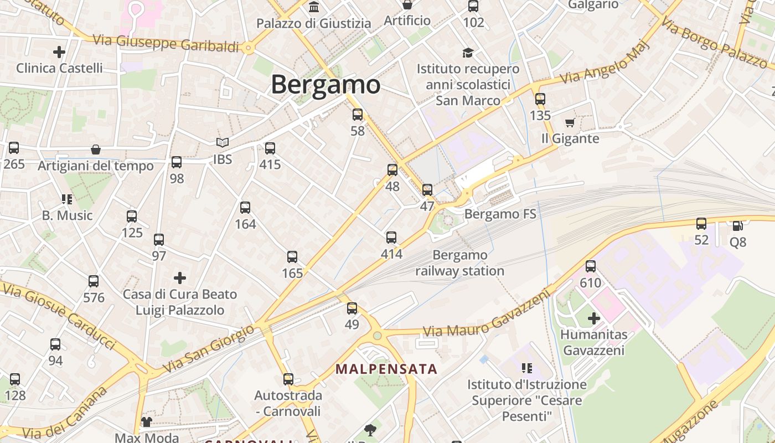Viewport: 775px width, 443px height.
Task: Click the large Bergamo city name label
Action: [325, 85]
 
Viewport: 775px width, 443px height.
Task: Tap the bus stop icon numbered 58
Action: [358, 115]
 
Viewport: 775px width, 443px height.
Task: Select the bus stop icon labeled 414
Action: [391, 238]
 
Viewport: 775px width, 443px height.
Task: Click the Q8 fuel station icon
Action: [737, 225]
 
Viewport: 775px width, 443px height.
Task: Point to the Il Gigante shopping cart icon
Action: [570, 122]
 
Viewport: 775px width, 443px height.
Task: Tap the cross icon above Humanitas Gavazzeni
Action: [594, 318]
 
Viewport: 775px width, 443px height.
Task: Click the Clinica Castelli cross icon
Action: [59, 53]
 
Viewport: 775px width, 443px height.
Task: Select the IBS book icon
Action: [223, 143]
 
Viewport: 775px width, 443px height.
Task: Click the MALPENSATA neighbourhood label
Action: [386, 369]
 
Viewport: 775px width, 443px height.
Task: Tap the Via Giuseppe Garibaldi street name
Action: [166, 43]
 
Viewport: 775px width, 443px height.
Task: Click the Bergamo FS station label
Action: [500, 214]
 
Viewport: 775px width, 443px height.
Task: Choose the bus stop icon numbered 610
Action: [591, 266]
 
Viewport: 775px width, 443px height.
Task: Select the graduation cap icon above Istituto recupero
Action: [468, 53]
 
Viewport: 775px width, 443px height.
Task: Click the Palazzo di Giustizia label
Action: [313, 23]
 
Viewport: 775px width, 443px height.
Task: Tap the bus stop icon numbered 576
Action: [94, 281]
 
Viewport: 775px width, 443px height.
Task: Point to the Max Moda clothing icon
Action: [146, 422]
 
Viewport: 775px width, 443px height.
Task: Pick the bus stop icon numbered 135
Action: [540, 99]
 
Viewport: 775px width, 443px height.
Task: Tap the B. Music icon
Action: [67, 199]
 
